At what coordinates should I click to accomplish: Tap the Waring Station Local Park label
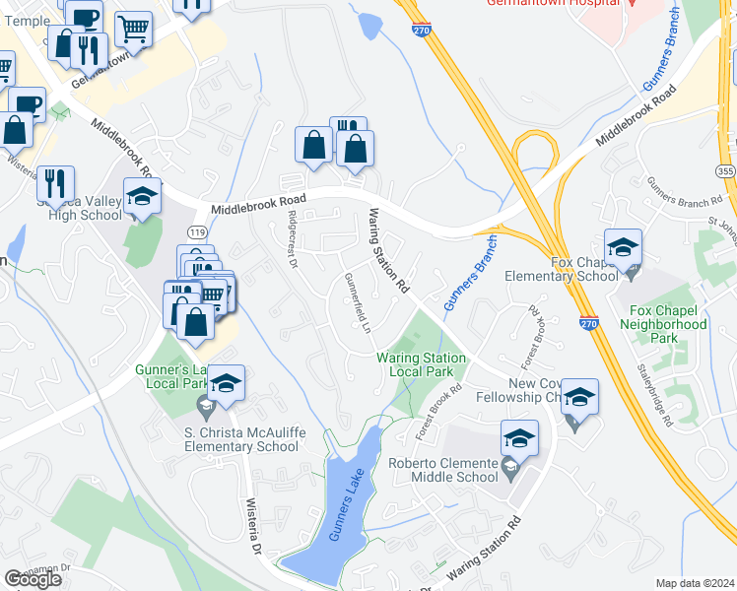tap(414, 364)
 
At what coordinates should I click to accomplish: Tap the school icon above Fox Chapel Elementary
tap(623, 247)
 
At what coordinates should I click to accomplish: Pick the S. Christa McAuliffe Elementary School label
tap(227, 439)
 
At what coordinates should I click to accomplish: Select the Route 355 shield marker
tap(725, 171)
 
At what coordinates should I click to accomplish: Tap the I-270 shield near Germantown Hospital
tap(422, 31)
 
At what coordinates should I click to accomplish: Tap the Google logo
tap(33, 579)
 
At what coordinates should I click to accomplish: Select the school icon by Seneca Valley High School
tap(141, 198)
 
